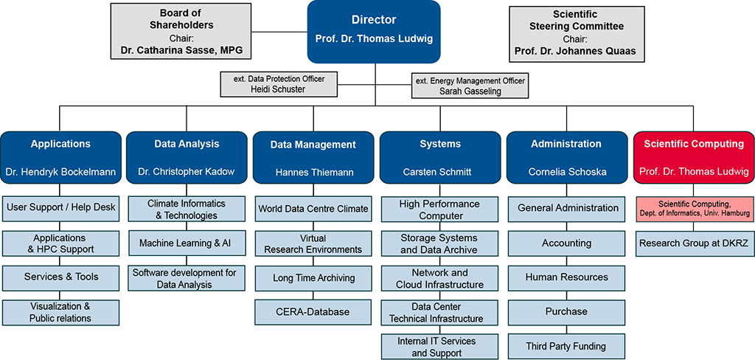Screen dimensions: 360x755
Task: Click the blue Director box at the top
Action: [x=374, y=30]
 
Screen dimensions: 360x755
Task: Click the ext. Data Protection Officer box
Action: [x=278, y=84]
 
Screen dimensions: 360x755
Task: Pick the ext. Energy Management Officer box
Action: [x=470, y=86]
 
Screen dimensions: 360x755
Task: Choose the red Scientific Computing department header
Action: [x=694, y=157]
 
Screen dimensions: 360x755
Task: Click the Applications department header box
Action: [x=60, y=157]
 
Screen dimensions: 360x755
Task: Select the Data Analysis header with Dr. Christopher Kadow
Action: [x=186, y=157]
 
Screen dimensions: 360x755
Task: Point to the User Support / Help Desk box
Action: [x=60, y=207]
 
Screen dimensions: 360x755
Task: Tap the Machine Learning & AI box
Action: [x=186, y=243]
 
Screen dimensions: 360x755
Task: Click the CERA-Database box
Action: [x=313, y=311]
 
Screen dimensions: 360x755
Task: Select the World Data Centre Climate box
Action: [x=313, y=209]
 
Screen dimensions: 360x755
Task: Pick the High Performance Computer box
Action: [x=440, y=210]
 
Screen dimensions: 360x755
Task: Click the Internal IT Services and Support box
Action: [x=440, y=347]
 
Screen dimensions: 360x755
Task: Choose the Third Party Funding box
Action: [x=566, y=346]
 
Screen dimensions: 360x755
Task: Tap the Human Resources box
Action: [x=566, y=277]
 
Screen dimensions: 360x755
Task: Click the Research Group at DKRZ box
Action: [x=694, y=243]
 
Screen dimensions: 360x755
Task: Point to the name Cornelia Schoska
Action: [x=566, y=172]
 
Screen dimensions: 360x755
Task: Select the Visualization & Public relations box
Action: [x=60, y=312]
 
